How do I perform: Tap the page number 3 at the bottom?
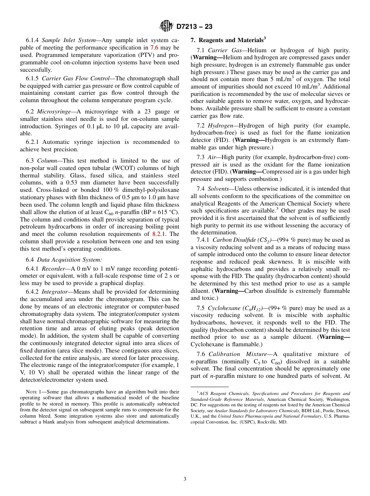tap(185, 479)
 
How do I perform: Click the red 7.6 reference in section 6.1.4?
tap(154, 47)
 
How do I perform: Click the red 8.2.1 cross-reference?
tap(160, 234)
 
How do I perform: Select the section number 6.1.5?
tap(33, 78)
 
